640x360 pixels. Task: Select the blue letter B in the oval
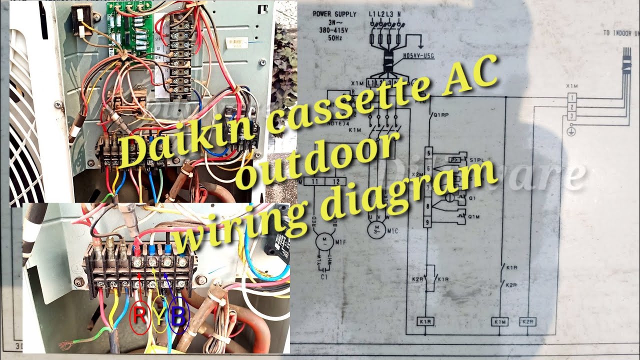(x=178, y=316)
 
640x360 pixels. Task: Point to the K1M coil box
(x=499, y=321)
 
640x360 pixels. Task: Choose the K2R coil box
(x=527, y=321)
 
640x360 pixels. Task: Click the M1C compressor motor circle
(x=374, y=229)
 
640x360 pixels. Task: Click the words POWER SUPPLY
(x=334, y=14)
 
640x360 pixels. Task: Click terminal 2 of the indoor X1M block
(x=570, y=107)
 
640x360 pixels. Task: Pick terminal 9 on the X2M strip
(x=428, y=221)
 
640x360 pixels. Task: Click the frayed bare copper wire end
(x=65, y=345)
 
